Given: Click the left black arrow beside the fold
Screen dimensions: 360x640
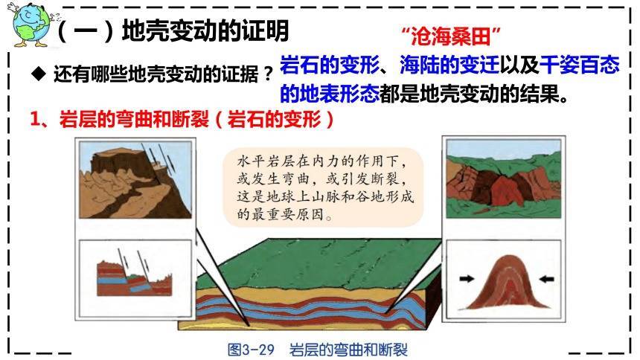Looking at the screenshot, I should pyautogui.click(x=467, y=280).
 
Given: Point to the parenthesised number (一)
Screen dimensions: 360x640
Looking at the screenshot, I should pyautogui.click(x=74, y=31).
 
